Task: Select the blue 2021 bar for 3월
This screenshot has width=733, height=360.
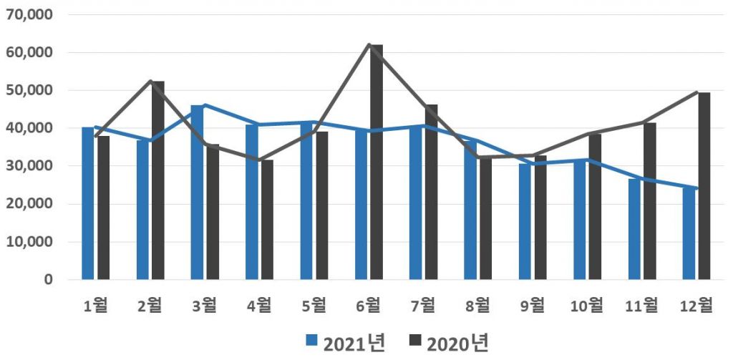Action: tap(197, 193)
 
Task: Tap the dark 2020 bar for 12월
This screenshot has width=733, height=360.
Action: tap(704, 186)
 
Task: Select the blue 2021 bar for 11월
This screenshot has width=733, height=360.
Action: tap(634, 229)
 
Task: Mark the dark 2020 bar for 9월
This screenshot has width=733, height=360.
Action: tap(540, 218)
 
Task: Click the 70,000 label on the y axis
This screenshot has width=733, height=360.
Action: tap(28, 15)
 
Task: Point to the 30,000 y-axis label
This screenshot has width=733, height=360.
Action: tap(28, 166)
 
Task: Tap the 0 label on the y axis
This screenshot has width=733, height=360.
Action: tap(48, 280)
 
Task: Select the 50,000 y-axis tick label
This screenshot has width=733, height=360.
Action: tap(28, 91)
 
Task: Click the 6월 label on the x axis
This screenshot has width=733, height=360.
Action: tap(368, 306)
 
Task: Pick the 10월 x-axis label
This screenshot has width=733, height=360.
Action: tap(586, 306)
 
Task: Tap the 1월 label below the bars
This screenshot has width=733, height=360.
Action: tap(95, 306)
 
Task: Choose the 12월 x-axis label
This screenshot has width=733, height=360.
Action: tap(696, 306)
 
